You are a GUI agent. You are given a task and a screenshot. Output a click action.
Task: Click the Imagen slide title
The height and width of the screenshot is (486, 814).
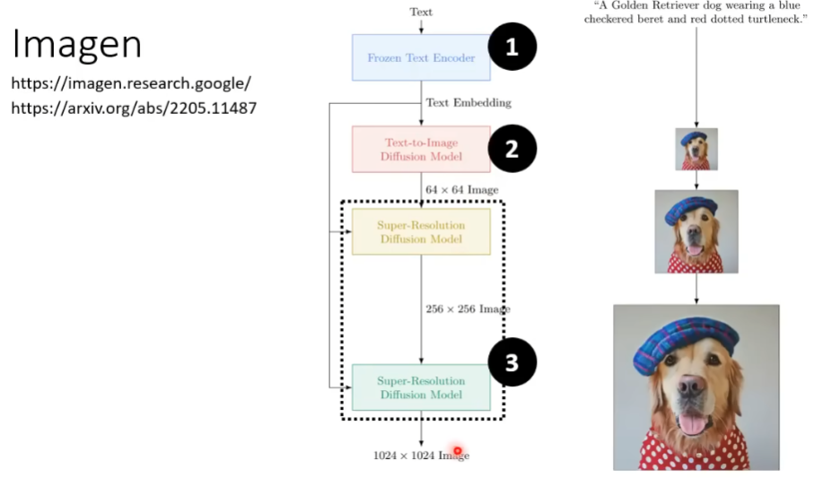click(77, 43)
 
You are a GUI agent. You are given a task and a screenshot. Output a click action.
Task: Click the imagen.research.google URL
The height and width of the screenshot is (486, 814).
click(130, 84)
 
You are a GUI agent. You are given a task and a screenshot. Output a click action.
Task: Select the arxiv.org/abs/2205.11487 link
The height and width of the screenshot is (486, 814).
click(134, 108)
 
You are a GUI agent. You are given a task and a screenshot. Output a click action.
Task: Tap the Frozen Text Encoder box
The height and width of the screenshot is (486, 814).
click(420, 58)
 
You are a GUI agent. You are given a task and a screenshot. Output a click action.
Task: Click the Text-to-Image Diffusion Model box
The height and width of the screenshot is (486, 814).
click(420, 149)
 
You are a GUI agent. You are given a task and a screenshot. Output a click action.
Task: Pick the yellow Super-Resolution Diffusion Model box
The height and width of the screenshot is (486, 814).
click(420, 232)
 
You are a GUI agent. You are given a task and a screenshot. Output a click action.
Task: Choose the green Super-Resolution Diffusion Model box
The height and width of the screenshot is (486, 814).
click(420, 387)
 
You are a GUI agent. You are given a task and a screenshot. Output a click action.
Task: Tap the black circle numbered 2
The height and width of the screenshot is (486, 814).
click(511, 148)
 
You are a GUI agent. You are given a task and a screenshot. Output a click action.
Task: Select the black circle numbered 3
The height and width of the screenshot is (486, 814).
click(512, 362)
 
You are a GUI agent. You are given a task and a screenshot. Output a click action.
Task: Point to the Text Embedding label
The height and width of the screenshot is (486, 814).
click(468, 102)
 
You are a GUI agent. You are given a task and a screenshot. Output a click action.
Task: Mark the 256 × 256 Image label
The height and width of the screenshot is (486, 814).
click(467, 308)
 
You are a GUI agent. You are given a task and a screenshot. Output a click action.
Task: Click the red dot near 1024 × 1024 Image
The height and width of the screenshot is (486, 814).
click(458, 451)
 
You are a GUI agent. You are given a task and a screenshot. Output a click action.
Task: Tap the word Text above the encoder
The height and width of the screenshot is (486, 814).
click(421, 12)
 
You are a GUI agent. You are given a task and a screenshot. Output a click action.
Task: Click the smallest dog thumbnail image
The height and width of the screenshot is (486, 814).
click(696, 149)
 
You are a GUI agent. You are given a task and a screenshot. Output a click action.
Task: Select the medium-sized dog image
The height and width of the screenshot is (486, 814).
click(696, 231)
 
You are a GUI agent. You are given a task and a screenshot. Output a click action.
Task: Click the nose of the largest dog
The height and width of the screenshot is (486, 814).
click(691, 387)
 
